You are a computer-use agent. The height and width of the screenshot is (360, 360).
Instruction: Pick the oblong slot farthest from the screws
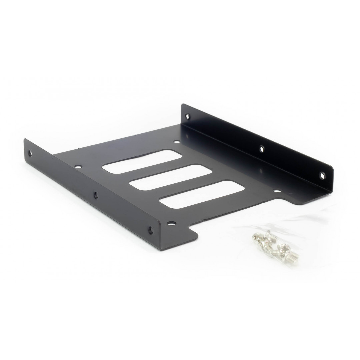click(142, 162)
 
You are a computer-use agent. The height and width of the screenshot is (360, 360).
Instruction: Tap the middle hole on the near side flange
click(96, 195)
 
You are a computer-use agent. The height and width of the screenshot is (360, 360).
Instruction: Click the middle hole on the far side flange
click(262, 149)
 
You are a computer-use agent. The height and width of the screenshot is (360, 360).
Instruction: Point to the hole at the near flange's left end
click(30, 154)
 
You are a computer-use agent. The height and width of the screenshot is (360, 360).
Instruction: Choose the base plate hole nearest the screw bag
click(276, 191)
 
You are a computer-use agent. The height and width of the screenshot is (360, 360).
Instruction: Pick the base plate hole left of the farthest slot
click(79, 165)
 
